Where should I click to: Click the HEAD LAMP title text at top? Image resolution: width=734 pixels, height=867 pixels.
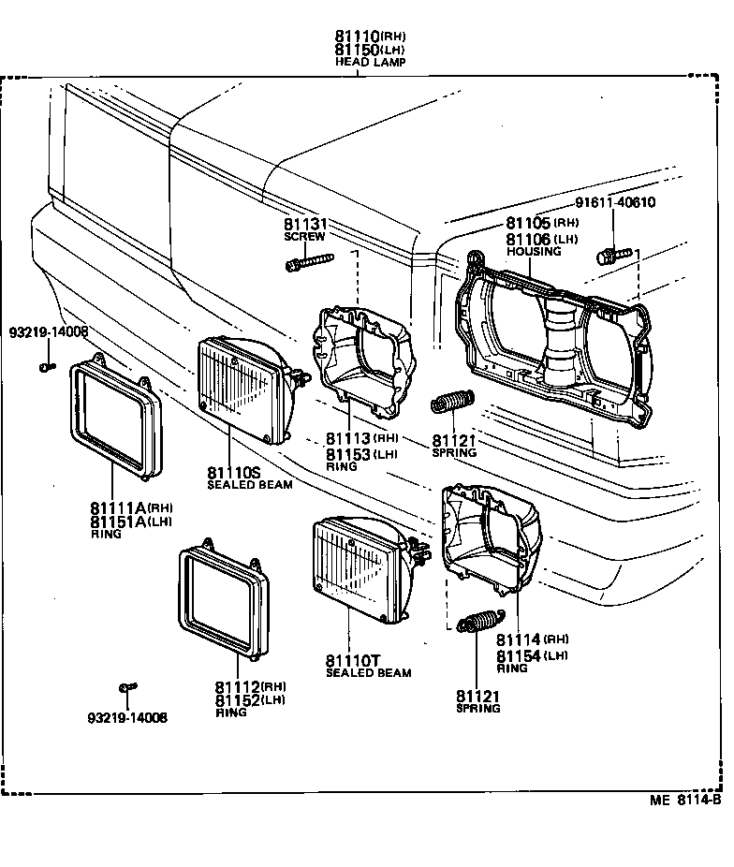(371, 62)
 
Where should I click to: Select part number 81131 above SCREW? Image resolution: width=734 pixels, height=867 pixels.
(304, 225)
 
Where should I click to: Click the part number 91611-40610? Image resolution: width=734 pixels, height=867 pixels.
(615, 202)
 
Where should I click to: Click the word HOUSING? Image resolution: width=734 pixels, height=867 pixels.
(534, 252)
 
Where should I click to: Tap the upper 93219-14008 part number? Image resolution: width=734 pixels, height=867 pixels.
(49, 332)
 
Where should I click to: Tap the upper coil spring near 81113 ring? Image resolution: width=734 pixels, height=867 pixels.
(452, 403)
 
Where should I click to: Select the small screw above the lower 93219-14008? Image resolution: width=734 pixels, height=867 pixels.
(125, 690)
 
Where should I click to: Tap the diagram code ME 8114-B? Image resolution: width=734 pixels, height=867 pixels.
(685, 801)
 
